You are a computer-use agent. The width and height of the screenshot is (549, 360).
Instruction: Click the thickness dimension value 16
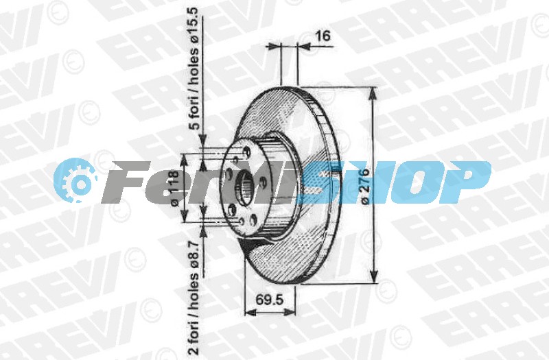tap(323, 36)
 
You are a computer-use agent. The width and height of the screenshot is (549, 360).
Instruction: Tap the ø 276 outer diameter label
tap(364, 186)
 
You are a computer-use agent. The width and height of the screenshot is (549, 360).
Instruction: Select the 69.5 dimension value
tap(269, 300)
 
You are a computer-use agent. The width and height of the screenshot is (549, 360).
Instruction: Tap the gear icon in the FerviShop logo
tap(75, 180)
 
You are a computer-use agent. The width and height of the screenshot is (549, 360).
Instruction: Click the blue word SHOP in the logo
tap(394, 182)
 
